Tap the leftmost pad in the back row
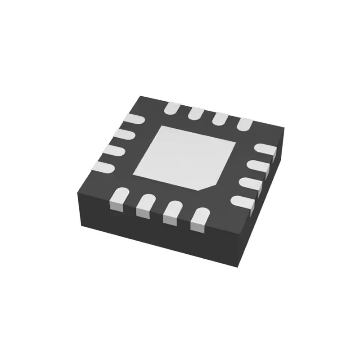172,108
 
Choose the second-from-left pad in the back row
196,112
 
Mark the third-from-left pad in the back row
220,118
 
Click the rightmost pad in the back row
245,123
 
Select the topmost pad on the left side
134,119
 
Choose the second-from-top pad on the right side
258,166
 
